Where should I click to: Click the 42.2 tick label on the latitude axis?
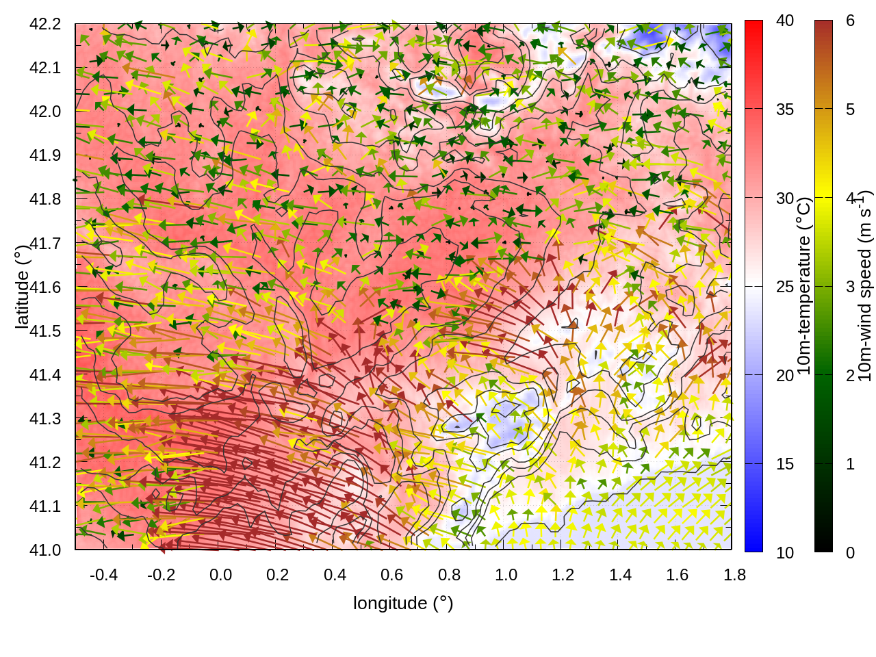tap(45, 24)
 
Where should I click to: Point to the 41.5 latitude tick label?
tap(45, 331)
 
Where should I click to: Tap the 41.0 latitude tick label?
tap(45, 550)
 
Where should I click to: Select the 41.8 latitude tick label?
tap(45, 199)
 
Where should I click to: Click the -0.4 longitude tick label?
tap(104, 575)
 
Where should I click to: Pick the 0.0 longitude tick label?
tap(220, 575)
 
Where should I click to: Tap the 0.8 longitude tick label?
tap(449, 575)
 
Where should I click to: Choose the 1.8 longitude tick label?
tap(734, 575)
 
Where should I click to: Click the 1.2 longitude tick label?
tap(563, 575)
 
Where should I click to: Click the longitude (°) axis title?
tap(403, 603)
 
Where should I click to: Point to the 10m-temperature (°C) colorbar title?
tap(804, 286)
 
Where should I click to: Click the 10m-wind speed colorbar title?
tap(864, 286)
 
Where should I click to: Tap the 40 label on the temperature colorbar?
tap(785, 21)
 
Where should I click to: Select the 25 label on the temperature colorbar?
tap(785, 287)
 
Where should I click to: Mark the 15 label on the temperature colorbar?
tap(785, 464)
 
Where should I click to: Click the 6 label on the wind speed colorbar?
tap(850, 21)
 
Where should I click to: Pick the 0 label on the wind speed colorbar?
tap(850, 553)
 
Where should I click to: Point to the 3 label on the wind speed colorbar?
tap(850, 287)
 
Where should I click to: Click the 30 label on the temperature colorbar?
tap(785, 198)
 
